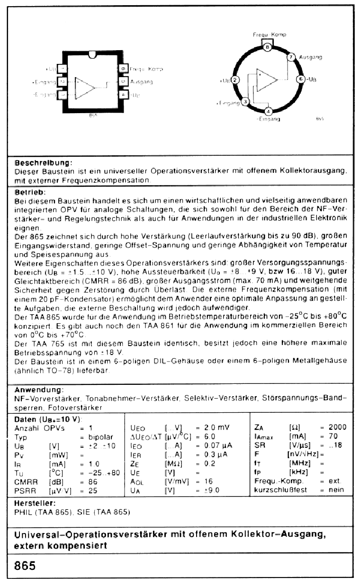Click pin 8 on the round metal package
point(267,47)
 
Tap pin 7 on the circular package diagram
point(291,57)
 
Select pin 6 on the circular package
point(300,79)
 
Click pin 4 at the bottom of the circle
point(268,112)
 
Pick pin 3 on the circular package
point(245,101)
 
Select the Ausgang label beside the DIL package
point(141,82)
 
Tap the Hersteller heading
point(35,503)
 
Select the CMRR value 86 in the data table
point(93,481)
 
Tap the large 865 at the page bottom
point(25,566)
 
